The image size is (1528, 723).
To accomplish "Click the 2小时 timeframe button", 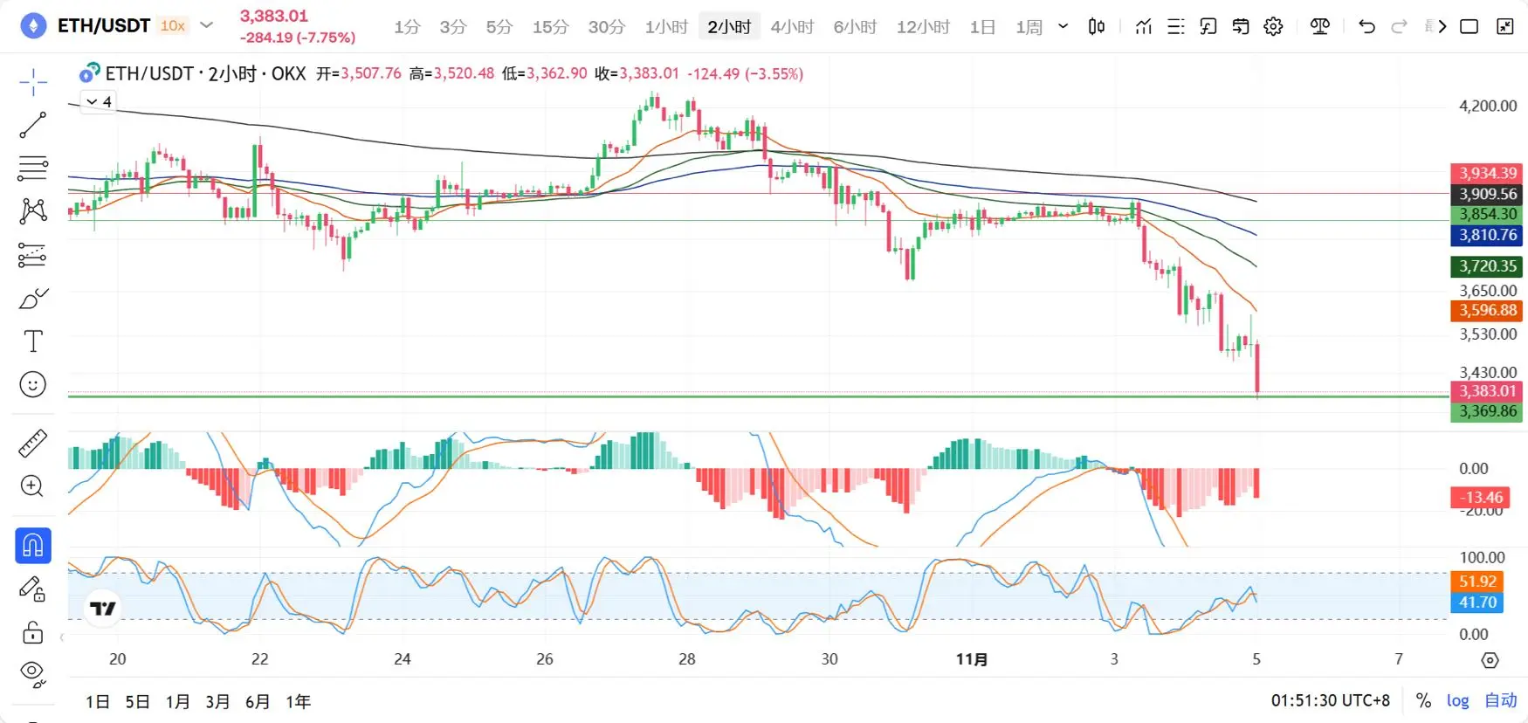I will coord(729,27).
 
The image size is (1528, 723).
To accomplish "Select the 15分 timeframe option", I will coord(550,27).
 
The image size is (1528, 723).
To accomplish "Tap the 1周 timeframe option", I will coord(1029,27).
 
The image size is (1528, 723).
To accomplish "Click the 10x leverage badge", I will coord(173,26).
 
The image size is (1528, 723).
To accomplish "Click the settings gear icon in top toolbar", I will coord(1273,27).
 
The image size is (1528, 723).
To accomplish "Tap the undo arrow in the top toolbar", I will coord(1366,27).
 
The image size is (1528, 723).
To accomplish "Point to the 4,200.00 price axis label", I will coord(1488,106).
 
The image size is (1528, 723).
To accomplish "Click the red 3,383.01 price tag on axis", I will coord(1488,391).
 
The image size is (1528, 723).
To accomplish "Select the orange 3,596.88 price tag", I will coord(1488,310).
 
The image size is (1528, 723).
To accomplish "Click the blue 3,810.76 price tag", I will coord(1488,235).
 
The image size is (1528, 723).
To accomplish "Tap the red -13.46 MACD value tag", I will coord(1480,498).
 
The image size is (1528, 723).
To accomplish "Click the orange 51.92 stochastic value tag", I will coord(1477,582).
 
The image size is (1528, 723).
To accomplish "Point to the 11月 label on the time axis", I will coord(971,659).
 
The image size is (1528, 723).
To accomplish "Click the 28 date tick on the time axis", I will coord(687,659).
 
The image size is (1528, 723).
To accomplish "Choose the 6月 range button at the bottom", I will coord(258,701).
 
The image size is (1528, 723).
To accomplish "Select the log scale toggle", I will coord(1457,700).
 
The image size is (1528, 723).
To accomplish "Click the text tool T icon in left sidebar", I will coord(33,341).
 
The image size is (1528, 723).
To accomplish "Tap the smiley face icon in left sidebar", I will coord(32,384).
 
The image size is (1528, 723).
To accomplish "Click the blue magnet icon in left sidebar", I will coord(33,546).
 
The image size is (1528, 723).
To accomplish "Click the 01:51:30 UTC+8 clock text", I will coord(1330,700).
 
